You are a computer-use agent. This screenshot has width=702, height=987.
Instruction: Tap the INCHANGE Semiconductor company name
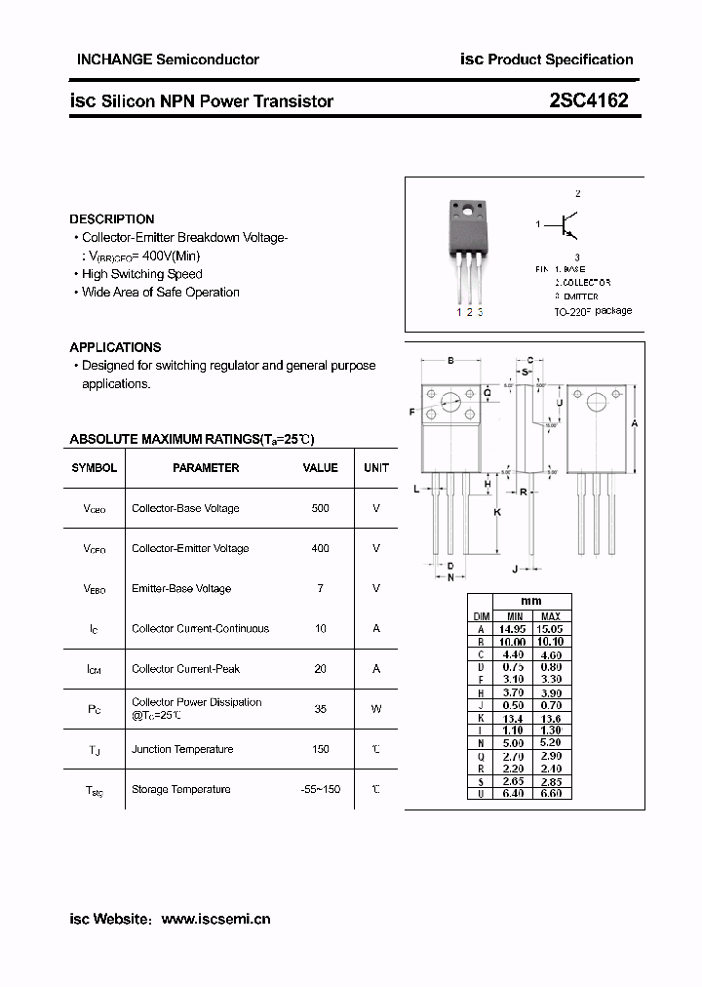(x=168, y=59)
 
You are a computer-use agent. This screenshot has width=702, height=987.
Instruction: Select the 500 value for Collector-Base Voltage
(x=320, y=508)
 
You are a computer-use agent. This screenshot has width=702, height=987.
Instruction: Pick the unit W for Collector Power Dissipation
(x=376, y=709)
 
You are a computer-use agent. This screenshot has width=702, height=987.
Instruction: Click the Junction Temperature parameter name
(x=182, y=749)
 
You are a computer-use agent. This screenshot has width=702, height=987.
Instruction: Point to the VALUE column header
(x=320, y=468)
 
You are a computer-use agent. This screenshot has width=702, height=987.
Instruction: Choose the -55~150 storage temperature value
(x=320, y=789)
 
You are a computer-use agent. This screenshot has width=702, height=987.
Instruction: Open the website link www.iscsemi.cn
(x=215, y=919)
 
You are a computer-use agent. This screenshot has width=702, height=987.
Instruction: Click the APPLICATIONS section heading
(x=115, y=347)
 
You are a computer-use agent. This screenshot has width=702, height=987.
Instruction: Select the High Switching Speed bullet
(x=142, y=274)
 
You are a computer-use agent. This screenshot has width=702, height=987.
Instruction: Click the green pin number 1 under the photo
(x=458, y=312)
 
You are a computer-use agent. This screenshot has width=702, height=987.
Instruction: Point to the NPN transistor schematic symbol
(x=569, y=225)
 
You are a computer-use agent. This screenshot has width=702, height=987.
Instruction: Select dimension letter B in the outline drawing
(x=450, y=361)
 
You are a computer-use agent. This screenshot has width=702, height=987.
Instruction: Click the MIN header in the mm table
(x=514, y=616)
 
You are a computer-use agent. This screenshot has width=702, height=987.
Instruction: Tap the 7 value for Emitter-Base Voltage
(x=320, y=588)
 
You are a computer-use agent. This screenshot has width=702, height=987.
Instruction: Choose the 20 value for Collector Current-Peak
(x=320, y=669)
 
